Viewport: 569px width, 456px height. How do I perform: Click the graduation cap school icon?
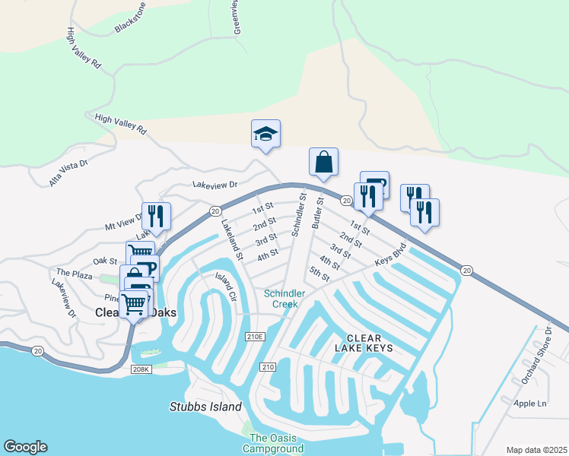coord(265,134)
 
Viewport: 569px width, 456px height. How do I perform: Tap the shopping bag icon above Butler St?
coord(323,162)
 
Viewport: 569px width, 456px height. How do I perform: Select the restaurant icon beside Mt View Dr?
coord(157,216)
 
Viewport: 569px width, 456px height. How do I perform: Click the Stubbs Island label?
coord(205,407)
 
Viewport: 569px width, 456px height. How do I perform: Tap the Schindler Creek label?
coord(284,299)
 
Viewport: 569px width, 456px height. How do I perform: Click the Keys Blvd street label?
coord(391,255)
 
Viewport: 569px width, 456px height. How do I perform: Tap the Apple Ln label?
coord(530,403)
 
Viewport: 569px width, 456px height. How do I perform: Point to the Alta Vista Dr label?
coord(68,173)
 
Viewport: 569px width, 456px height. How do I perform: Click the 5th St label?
coord(319,273)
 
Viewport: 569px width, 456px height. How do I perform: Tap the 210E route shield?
coord(255,336)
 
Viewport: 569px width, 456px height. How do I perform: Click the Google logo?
coord(25,447)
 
